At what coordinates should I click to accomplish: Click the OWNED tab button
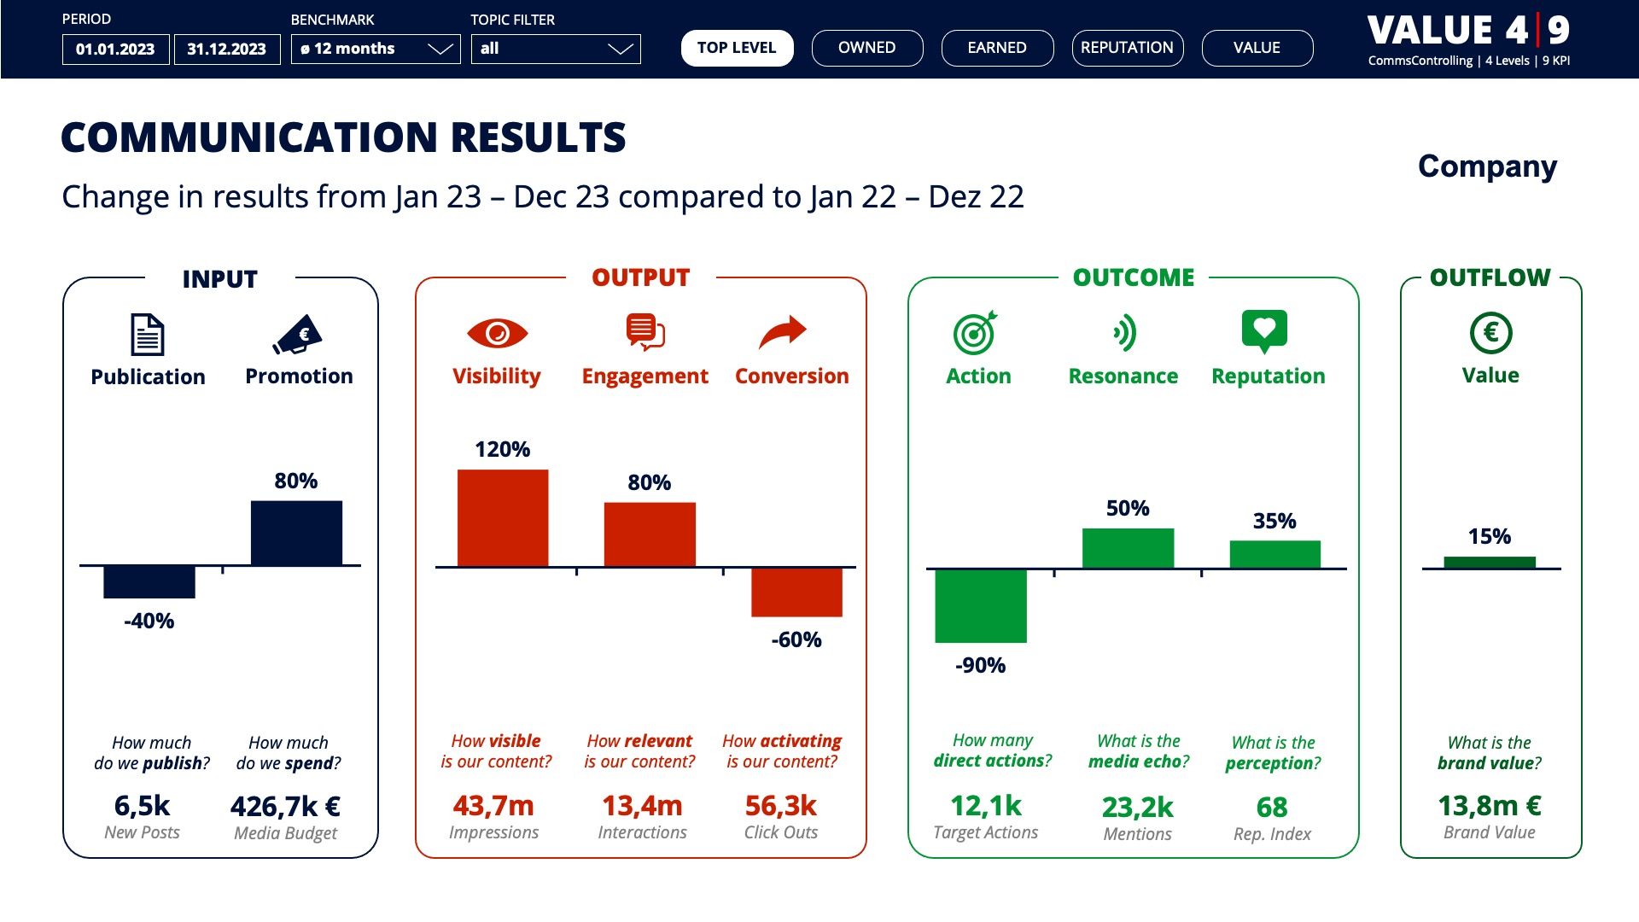(x=866, y=48)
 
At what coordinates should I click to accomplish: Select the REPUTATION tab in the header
(x=1127, y=48)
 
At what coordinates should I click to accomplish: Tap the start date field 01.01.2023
(x=115, y=50)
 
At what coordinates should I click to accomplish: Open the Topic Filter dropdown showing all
(x=555, y=49)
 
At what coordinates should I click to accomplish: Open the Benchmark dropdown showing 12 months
(x=375, y=49)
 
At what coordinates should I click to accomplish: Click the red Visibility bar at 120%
(x=503, y=517)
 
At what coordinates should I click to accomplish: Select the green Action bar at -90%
(x=980, y=605)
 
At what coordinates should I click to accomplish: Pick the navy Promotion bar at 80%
(x=296, y=533)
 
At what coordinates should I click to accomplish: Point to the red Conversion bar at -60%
(x=796, y=592)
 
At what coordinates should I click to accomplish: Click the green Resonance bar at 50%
(x=1128, y=547)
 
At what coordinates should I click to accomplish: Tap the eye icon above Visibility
(x=497, y=333)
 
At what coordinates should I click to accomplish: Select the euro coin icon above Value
(x=1490, y=332)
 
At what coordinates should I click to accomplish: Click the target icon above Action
(x=975, y=332)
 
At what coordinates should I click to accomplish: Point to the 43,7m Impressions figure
(x=493, y=805)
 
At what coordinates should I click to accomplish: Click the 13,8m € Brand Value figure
(x=1490, y=805)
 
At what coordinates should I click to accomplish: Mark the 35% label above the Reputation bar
(x=1274, y=521)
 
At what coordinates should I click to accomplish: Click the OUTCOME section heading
(x=1133, y=277)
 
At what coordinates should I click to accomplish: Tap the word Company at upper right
(x=1487, y=166)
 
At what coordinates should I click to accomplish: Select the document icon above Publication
(x=147, y=335)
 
